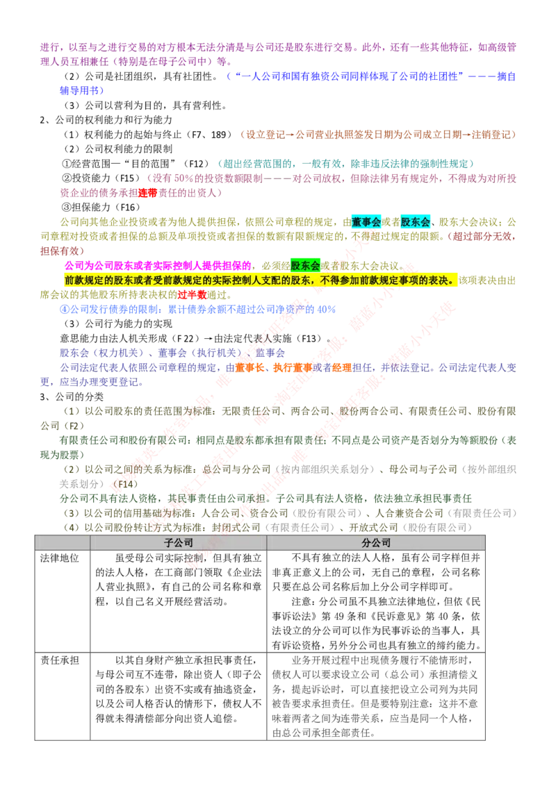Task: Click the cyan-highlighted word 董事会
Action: click(366, 222)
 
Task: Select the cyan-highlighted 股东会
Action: click(416, 222)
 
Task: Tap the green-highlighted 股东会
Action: click(305, 266)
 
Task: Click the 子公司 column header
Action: click(178, 543)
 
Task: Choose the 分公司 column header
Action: click(376, 543)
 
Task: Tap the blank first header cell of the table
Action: click(62, 543)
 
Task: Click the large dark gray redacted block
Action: click(375, 694)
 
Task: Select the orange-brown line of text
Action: click(379, 133)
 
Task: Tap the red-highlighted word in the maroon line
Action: click(147, 192)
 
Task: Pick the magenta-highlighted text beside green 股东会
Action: click(157, 266)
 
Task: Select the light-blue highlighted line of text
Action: click(198, 309)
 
